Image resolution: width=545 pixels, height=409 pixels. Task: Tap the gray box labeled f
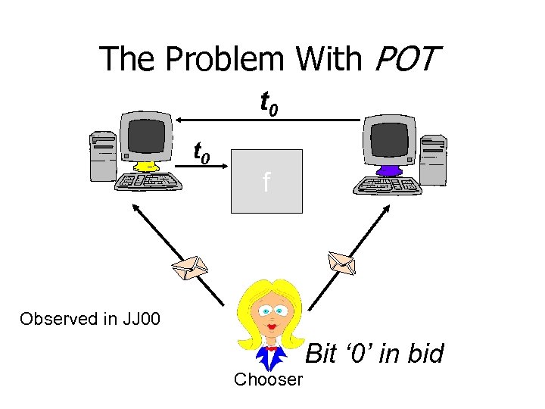point(266,181)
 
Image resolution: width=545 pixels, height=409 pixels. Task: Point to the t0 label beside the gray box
point(202,153)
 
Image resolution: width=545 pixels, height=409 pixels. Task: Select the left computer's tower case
point(103,157)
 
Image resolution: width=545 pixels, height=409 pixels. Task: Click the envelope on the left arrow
point(188,267)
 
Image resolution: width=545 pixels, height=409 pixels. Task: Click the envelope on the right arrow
point(341,262)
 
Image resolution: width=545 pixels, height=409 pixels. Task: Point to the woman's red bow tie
point(272,348)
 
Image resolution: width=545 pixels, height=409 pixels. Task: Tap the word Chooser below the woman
point(269,379)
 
